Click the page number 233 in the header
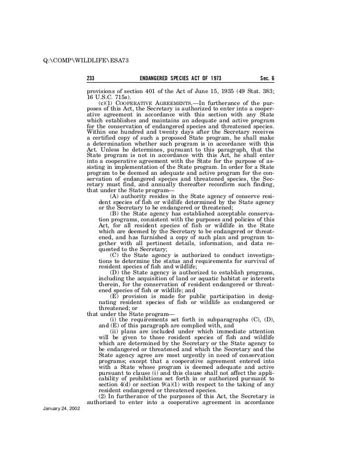[x=91, y=79]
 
